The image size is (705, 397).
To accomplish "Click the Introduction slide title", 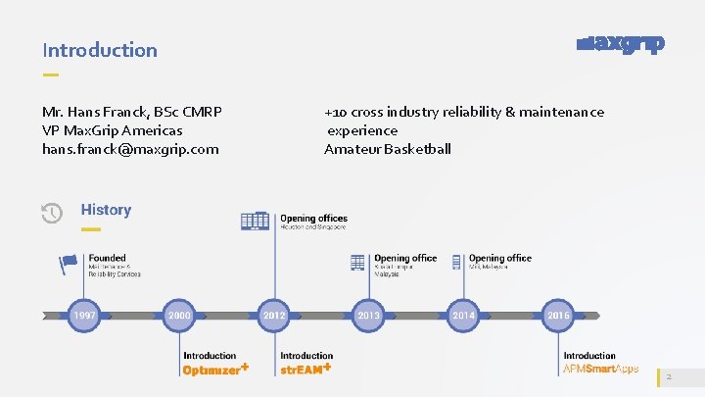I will coord(99,50).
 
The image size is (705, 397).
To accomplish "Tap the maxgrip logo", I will coord(621,45).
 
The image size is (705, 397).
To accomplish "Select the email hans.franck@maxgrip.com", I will coord(130,149).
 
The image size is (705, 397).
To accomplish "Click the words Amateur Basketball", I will coord(388,149).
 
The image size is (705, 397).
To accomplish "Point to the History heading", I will coord(106,210).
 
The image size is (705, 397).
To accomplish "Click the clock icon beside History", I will coord(52,213).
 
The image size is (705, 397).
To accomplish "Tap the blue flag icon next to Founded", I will coord(69,263).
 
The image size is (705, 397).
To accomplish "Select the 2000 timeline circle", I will coord(178,316).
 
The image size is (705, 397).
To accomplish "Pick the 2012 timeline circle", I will coord(273,316).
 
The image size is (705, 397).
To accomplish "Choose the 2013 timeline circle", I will coord(368,316).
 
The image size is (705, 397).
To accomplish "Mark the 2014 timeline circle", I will coord(463,316).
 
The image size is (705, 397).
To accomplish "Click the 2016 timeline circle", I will coord(558,316).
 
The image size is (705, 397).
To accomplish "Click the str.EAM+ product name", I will coord(305,370).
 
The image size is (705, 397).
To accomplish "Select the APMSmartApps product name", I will coord(601,370).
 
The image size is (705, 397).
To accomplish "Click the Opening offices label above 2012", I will coord(313,219).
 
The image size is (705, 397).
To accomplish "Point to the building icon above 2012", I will coord(256,222).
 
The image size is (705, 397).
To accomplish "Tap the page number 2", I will coord(668,377).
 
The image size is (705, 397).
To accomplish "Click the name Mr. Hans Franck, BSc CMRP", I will coord(132,112).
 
